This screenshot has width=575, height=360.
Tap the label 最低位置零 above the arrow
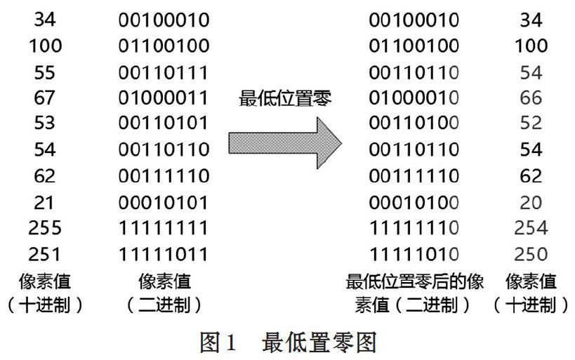coord(285,99)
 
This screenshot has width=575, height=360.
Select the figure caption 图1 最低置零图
coord(289,342)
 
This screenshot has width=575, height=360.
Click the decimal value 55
coord(44,72)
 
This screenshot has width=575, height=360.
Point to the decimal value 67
coord(44,98)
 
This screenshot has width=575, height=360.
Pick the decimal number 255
coord(45,227)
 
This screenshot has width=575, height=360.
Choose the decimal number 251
coord(44,254)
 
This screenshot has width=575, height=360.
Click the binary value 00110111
coord(164,72)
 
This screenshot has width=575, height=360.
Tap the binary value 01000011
coord(164,98)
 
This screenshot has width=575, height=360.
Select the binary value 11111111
coord(164,227)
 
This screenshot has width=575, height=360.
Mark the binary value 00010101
coord(164,203)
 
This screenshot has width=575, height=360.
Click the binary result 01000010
coord(414,98)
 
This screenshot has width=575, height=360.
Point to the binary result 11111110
coord(414,227)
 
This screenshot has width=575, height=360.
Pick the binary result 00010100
coord(414,203)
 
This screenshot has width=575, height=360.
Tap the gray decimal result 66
coord(531,98)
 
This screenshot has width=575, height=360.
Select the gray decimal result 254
coord(531,227)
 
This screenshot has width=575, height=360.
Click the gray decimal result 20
coord(531,203)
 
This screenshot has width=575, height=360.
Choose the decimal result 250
coord(531,254)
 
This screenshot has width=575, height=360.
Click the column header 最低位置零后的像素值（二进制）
coord(415,293)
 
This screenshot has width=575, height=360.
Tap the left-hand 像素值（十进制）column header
coord(45,293)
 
